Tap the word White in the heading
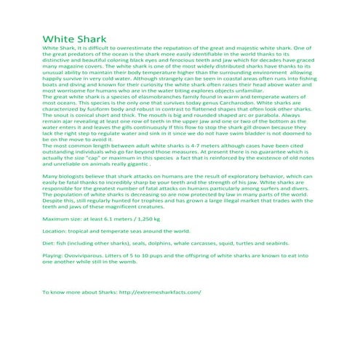[x=57, y=39]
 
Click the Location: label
[x=57, y=230]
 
